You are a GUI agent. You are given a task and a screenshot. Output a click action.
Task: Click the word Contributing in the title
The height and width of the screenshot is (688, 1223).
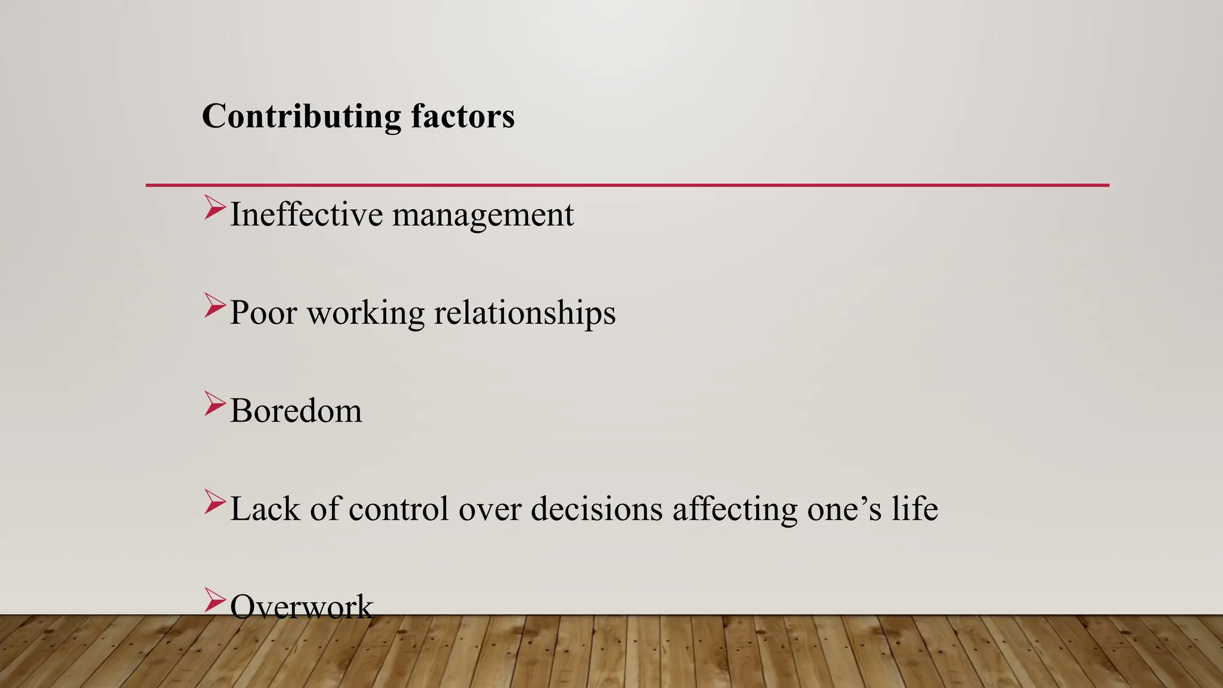tap(302, 116)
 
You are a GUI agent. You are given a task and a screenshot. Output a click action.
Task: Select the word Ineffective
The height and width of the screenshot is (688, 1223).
tap(306, 214)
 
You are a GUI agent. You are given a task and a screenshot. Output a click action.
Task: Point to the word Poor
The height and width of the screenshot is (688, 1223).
tap(263, 312)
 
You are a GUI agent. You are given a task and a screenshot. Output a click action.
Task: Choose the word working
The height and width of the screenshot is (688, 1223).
tap(365, 314)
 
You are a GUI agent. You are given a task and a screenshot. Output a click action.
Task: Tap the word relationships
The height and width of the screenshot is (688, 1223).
tap(524, 314)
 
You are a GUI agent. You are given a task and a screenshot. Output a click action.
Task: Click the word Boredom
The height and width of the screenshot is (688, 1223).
tap(296, 411)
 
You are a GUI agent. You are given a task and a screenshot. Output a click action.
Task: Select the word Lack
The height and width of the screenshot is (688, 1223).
tap(265, 509)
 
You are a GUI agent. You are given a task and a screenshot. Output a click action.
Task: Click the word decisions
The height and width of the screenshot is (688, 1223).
tap(597, 509)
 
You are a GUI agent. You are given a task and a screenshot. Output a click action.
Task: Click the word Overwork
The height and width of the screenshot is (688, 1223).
tap(302, 607)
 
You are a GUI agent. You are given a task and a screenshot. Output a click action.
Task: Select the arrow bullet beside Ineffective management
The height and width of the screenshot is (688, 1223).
tap(214, 207)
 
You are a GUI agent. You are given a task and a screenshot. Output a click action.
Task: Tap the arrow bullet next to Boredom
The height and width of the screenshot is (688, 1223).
tap(214, 403)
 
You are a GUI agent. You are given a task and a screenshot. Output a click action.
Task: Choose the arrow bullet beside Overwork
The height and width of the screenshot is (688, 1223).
tap(214, 600)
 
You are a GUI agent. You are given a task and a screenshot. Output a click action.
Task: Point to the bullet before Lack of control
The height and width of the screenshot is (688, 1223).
tap(214, 501)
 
